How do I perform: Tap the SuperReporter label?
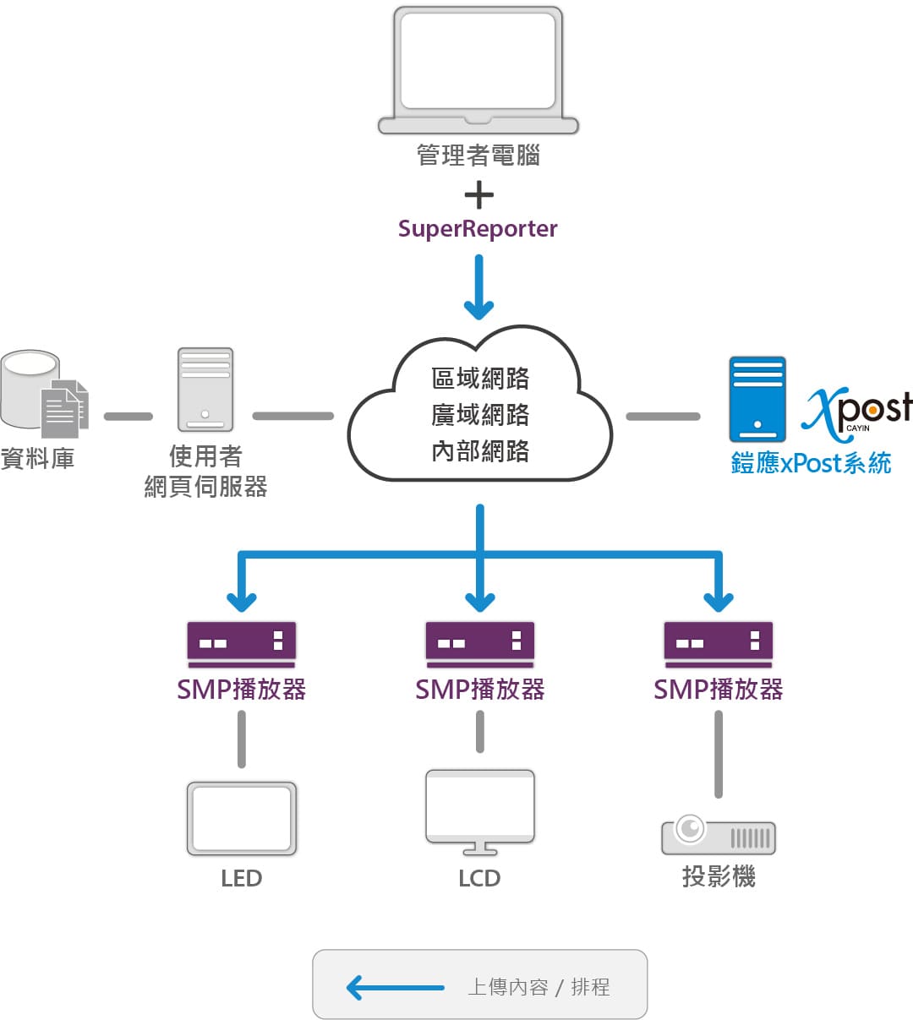478,229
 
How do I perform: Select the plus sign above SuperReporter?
479,195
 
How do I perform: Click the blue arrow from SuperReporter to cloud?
479,287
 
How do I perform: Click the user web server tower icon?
205,390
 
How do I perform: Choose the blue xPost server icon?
757,399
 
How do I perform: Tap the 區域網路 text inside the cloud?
480,378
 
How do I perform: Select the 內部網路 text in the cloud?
480,451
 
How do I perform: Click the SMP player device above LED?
242,644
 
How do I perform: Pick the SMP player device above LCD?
480,644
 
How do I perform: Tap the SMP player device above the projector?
719,644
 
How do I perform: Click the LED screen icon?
242,818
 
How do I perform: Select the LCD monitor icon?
480,811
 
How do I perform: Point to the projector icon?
719,835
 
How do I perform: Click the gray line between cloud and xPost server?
663,416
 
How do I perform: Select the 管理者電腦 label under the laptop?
478,155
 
